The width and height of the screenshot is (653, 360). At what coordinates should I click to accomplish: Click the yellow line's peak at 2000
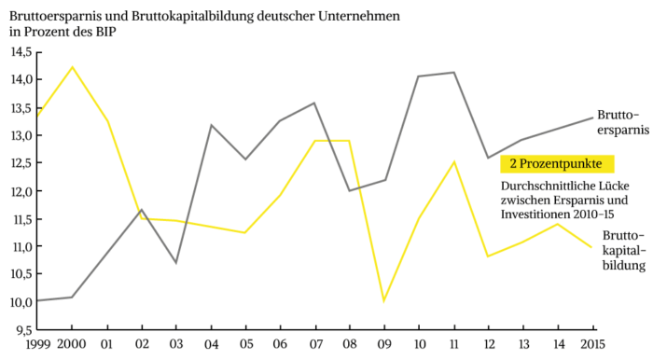pos(72,67)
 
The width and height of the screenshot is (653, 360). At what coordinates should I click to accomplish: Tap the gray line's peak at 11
pos(453,73)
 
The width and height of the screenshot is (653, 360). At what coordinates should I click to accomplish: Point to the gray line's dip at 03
pos(175,262)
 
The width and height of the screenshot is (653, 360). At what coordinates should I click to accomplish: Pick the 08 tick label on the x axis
pos(350,346)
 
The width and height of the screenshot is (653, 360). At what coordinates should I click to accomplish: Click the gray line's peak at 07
pos(314,104)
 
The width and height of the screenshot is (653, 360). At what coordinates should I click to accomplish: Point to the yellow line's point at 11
pos(453,162)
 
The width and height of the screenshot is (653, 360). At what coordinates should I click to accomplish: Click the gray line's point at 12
pos(487,158)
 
